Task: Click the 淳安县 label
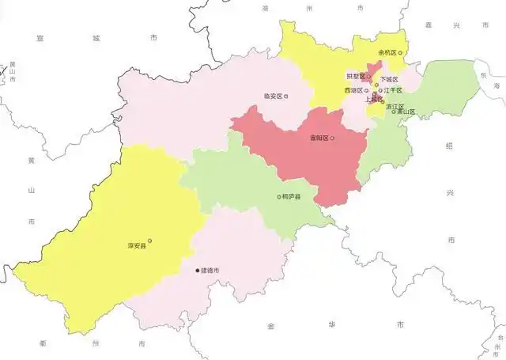(138, 247)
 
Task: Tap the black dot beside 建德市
(198, 271)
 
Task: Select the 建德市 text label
(210, 271)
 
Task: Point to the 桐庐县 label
(291, 196)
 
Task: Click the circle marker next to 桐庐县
(278, 196)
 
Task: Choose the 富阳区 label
(319, 138)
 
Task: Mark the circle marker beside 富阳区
(332, 138)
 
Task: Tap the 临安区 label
(273, 97)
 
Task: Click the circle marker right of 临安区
(286, 97)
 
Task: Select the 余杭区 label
(389, 52)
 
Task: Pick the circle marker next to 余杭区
(402, 52)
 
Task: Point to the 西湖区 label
(353, 90)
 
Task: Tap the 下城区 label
(390, 79)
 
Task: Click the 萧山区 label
(406, 112)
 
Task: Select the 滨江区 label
(395, 106)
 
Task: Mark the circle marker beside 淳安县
(150, 241)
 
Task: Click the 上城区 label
(373, 100)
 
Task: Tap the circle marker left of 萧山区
(394, 112)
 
